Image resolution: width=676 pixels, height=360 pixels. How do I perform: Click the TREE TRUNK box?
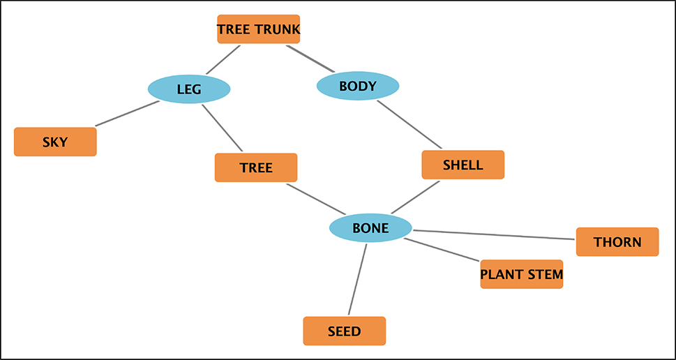[x=258, y=29]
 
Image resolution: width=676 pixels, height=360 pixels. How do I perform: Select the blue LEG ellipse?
[x=189, y=89]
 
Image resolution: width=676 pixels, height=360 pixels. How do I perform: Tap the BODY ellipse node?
[x=358, y=87]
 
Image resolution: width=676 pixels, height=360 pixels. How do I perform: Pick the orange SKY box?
[x=55, y=142]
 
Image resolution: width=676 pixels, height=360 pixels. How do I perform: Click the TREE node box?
[x=256, y=167]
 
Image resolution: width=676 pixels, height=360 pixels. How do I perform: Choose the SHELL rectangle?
[x=463, y=165]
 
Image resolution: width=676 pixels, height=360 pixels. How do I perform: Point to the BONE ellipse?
[x=370, y=228]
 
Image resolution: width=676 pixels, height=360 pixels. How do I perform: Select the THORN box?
[x=617, y=242]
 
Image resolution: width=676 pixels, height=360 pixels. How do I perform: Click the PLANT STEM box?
[x=521, y=274]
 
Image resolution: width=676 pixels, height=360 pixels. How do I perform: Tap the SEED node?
[x=344, y=331]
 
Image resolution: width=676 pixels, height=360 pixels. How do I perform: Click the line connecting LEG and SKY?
[x=128, y=114]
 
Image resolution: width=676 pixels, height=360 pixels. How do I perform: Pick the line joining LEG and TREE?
[x=222, y=128]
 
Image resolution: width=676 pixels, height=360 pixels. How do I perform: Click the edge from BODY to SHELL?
[x=410, y=125]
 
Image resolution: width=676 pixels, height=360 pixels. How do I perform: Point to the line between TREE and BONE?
[x=315, y=200]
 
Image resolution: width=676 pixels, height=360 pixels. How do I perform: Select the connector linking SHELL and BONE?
[x=415, y=198]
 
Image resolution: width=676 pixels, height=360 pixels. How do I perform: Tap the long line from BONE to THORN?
[x=494, y=234]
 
